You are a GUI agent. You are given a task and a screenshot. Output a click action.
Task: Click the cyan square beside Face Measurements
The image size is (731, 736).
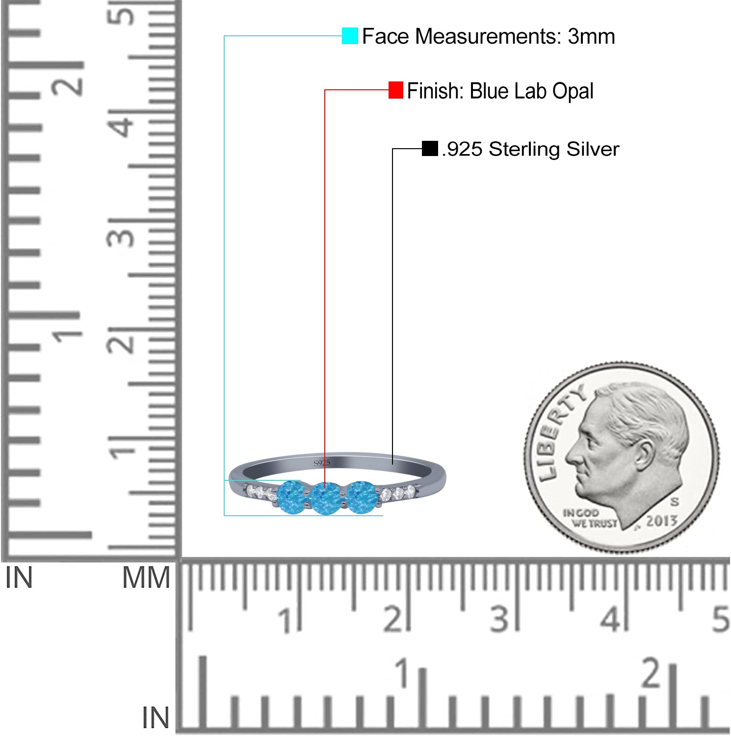350,36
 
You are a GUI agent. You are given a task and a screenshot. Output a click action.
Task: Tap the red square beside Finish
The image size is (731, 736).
396,90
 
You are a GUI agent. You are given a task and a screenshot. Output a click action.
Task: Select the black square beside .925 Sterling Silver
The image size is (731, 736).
430,148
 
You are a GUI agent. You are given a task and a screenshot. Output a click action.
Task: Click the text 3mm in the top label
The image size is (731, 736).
591,36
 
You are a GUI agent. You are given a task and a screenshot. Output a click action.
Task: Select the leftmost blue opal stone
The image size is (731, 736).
292,497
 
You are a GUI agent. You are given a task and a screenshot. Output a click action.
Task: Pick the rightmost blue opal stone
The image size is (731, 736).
362,497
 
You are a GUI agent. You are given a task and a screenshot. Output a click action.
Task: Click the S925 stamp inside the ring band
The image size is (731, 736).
322,463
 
